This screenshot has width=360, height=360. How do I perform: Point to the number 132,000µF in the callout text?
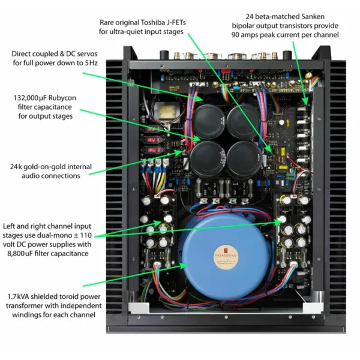click(x=34, y=97)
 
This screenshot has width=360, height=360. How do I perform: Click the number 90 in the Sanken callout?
click(x=238, y=35)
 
